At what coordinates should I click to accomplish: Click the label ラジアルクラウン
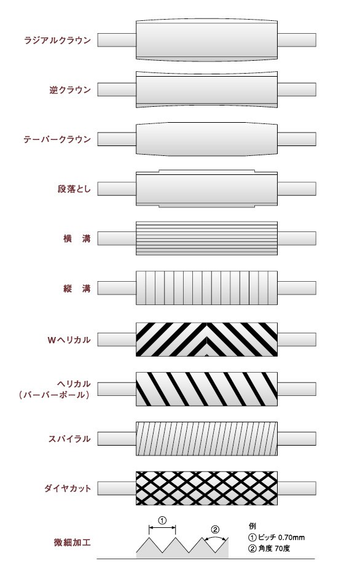pos(57,40)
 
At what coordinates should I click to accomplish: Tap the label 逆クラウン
pos(70,90)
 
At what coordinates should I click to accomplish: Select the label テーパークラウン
pos(57,139)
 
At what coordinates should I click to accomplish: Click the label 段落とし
pos(74,189)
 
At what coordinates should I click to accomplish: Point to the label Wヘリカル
pos(69,339)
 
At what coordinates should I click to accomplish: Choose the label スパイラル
pos(69,439)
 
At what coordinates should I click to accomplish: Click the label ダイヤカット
pos(68,489)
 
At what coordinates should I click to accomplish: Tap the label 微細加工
pos(72,543)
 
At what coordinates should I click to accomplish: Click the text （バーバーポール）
pos(55,395)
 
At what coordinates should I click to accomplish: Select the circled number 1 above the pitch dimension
pos(162,521)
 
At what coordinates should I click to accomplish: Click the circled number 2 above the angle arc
pos(215,530)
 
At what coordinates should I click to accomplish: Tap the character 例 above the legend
pos(252,526)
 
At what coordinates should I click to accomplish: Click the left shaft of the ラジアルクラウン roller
pos(117,40)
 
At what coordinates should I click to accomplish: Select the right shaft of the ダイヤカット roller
pos(297,489)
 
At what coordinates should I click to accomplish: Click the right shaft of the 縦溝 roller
pos(297,288)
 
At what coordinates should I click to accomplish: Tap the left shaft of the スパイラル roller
pos(117,439)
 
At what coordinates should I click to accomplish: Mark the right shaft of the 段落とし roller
pos(297,189)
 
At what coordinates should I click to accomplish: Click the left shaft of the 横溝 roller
pos(117,238)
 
